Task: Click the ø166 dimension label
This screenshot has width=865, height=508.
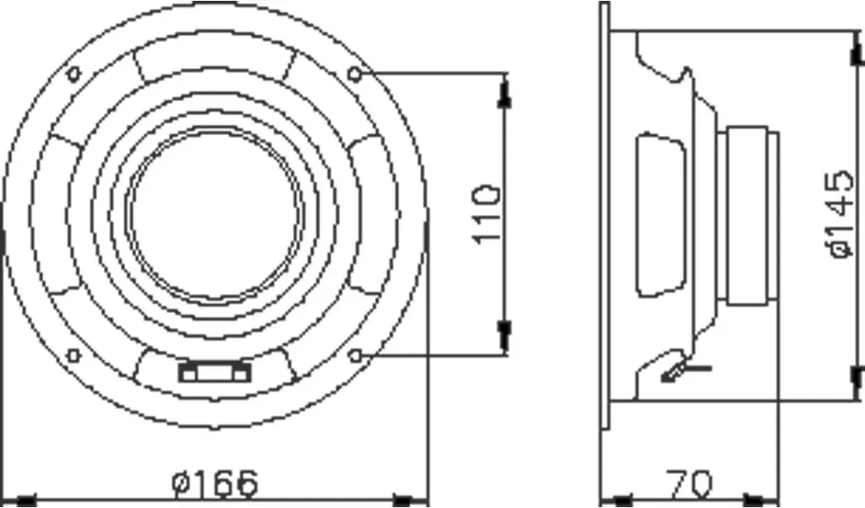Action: click(x=214, y=483)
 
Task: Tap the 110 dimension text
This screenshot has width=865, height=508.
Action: click(x=486, y=215)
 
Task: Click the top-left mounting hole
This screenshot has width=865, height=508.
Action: click(x=74, y=74)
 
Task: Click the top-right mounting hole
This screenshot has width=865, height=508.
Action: click(x=355, y=74)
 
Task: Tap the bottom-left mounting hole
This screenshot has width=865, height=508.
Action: click(x=74, y=356)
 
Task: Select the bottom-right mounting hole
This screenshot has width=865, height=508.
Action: click(x=355, y=356)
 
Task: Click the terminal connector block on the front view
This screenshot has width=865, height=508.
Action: click(x=214, y=372)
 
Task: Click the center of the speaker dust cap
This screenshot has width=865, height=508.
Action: click(x=214, y=215)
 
